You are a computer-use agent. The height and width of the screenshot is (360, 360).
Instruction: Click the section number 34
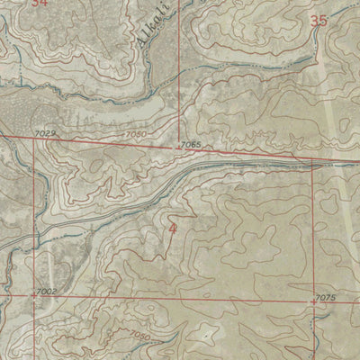point(38,4)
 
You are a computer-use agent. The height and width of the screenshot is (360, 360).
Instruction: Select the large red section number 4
point(173,230)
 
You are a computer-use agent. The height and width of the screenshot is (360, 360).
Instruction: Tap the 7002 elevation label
point(48,292)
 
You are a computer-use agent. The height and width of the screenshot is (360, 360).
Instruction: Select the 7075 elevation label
point(326,298)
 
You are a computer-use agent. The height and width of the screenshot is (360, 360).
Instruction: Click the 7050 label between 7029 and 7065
point(136,135)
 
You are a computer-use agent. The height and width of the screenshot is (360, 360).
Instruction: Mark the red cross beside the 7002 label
point(34,295)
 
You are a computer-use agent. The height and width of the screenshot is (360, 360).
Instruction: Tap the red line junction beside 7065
point(179,147)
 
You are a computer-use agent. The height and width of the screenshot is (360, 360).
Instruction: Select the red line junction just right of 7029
point(36,138)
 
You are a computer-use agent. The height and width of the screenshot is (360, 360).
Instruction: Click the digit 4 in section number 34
point(42,4)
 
